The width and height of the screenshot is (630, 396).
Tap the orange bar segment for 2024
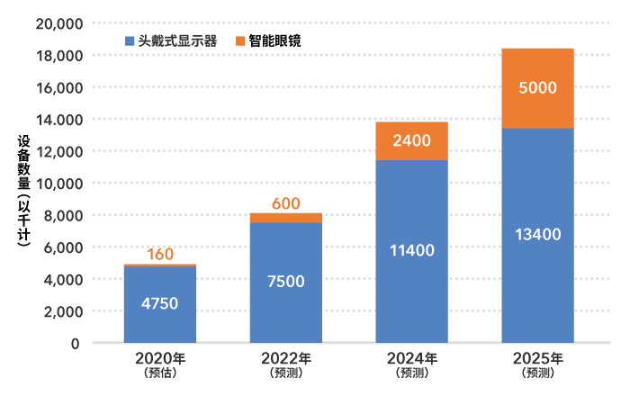(x=411, y=140)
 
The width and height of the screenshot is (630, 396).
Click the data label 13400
(x=537, y=235)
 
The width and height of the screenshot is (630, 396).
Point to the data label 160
(x=159, y=255)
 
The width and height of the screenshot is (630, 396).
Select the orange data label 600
(x=285, y=204)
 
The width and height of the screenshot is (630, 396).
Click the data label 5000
(x=537, y=88)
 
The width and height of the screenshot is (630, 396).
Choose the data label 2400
(x=411, y=140)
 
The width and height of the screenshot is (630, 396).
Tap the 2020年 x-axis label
(x=159, y=358)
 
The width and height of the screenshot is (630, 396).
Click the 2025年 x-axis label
(x=537, y=358)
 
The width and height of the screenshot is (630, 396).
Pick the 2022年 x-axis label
(x=285, y=358)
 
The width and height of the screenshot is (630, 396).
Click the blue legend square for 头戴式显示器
(x=130, y=40)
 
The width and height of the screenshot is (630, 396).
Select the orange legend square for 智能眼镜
(x=240, y=40)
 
